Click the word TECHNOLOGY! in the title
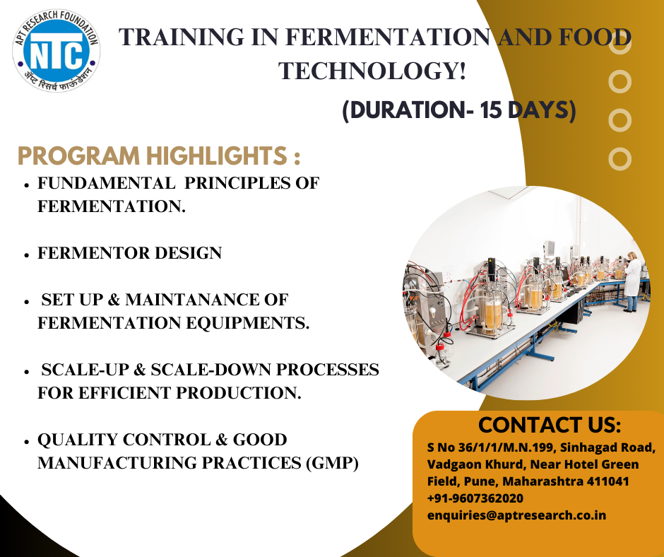click(372, 71)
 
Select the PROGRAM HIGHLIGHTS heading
click(159, 156)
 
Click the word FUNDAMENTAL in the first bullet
click(106, 183)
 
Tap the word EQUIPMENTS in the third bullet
click(245, 323)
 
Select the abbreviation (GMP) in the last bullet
click(332, 463)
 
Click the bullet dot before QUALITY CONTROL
click(26, 441)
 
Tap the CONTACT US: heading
click(550, 425)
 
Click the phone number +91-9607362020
click(475, 498)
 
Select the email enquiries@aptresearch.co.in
click(516, 515)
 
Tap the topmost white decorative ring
click(620, 43)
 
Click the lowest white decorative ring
click(620, 159)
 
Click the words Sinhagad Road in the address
click(607, 447)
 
